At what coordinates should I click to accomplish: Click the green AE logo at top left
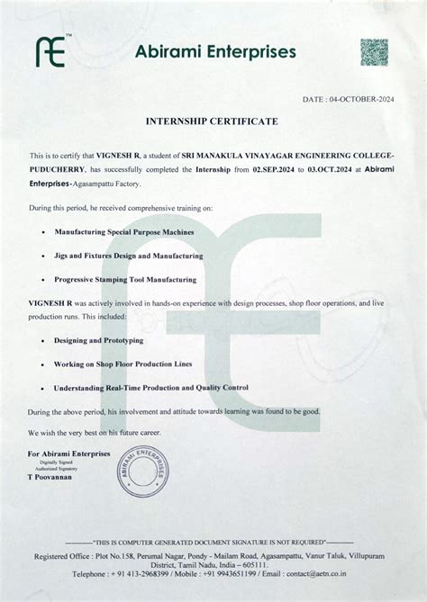(51, 52)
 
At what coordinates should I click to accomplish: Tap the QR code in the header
(374, 52)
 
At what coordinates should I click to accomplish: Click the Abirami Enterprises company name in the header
(215, 52)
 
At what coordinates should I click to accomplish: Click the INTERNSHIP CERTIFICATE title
(213, 121)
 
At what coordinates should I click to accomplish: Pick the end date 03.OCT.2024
(331, 169)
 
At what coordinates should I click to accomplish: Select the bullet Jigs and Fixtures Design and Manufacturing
(128, 256)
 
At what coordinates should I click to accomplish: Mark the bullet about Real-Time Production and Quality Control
(150, 388)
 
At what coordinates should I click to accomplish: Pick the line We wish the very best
(94, 433)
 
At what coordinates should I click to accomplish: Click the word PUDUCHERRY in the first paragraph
(57, 169)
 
